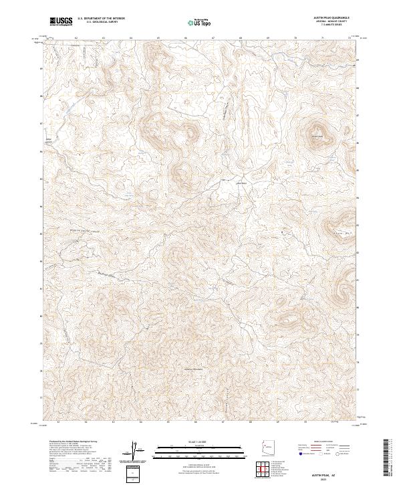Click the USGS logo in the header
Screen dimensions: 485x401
pos(60,22)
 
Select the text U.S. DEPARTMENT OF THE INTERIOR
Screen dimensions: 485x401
pos(101,19)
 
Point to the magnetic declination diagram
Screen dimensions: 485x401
pos(136,452)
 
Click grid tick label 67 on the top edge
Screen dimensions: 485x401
pos(213,38)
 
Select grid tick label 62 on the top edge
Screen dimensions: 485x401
pos(76,38)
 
